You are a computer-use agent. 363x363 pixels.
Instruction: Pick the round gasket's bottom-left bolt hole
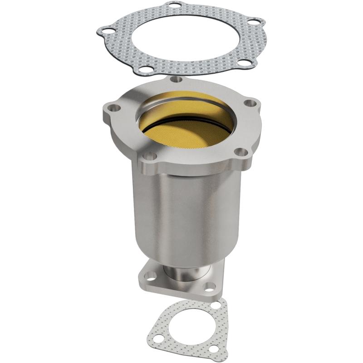point(145,69)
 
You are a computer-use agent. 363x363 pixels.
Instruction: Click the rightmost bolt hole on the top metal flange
point(249,103)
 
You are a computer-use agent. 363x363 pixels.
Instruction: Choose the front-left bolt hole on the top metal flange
point(152,156)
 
